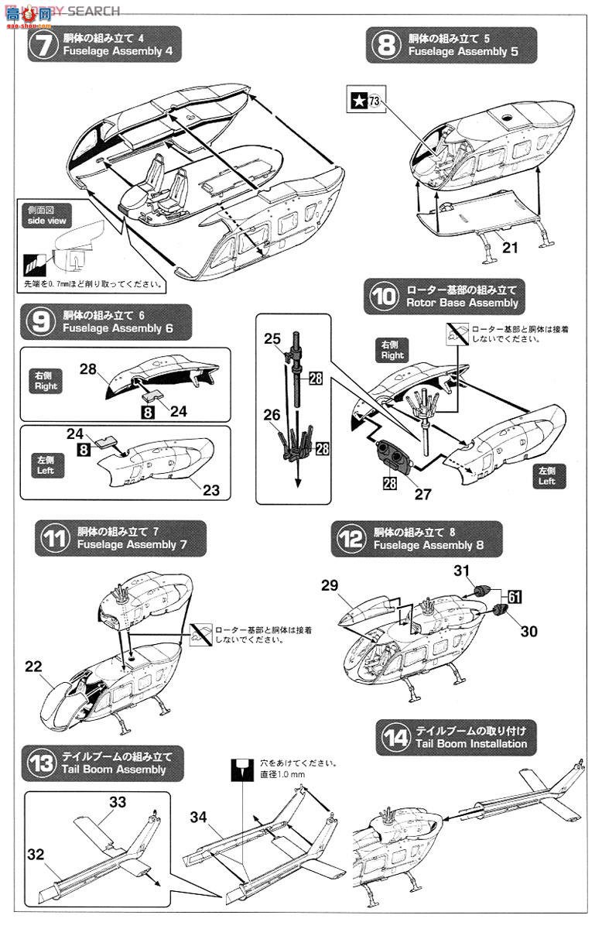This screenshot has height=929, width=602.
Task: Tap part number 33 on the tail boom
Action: tap(117, 803)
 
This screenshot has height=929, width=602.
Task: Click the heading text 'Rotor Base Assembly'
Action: tap(462, 303)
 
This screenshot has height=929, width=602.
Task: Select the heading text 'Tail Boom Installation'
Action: tap(471, 744)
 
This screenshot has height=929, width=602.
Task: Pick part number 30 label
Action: tap(528, 631)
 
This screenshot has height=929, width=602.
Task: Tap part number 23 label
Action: tap(211, 490)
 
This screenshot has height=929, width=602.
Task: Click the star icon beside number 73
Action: tap(358, 99)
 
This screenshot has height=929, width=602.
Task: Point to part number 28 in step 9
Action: tap(88, 369)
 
